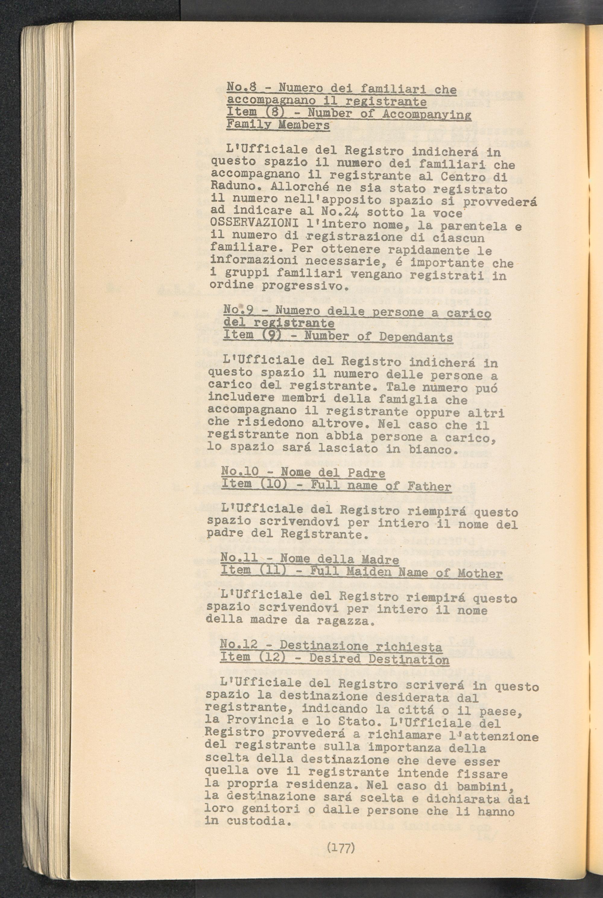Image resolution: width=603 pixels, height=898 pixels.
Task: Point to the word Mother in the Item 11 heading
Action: [480, 574]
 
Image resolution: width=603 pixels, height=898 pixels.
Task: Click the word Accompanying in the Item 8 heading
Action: [427, 115]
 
